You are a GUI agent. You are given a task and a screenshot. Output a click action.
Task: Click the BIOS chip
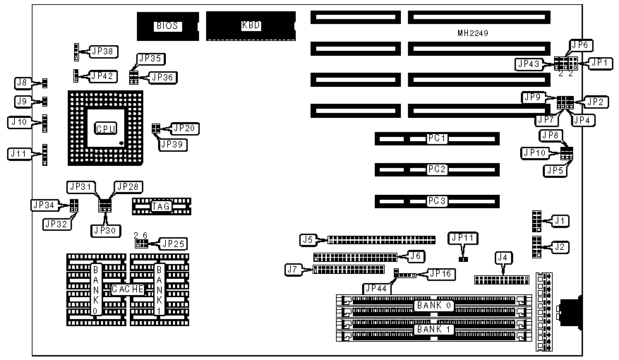click(x=167, y=26)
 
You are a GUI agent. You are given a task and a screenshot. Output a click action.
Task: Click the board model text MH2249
click(x=473, y=33)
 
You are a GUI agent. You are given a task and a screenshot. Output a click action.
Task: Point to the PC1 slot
click(x=437, y=138)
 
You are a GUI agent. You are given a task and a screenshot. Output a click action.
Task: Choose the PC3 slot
click(x=437, y=200)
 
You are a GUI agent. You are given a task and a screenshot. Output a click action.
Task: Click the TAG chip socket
click(x=162, y=206)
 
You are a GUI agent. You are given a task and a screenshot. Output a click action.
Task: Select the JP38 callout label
click(x=104, y=52)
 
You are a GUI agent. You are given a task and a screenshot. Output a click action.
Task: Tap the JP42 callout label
click(x=104, y=76)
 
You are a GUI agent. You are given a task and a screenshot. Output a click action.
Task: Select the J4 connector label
click(x=503, y=258)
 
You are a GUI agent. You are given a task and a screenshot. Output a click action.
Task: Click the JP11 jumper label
click(x=464, y=239)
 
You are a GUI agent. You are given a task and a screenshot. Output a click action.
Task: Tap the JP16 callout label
click(x=439, y=273)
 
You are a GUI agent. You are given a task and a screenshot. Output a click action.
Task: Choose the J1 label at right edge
click(x=560, y=221)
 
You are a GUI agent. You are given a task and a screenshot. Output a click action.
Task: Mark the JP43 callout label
click(x=528, y=64)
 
